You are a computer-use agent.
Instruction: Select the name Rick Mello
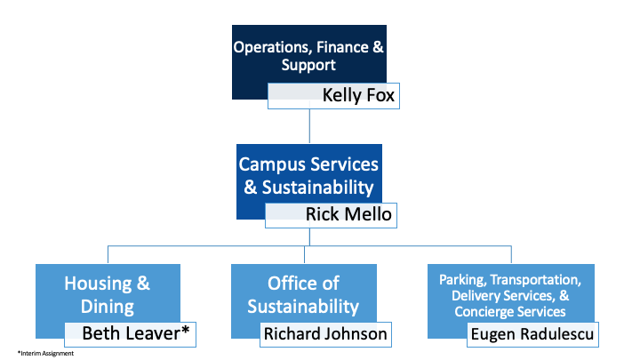341,214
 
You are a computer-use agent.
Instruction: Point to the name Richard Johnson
325,334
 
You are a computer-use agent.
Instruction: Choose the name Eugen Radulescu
531,334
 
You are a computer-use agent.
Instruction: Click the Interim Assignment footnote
45,353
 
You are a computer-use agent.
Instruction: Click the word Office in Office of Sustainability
293,284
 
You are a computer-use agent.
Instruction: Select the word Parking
461,279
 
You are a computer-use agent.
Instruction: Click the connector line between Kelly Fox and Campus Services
309,126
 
